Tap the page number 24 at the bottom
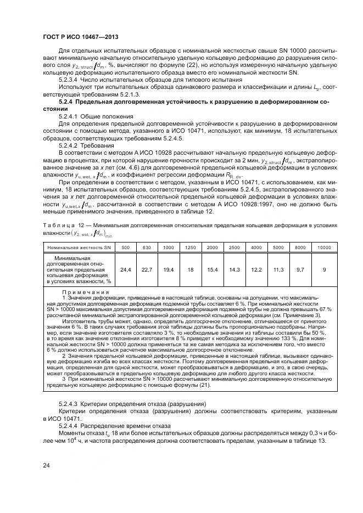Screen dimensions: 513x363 [47, 465]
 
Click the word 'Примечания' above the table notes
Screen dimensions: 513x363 [86, 292]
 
